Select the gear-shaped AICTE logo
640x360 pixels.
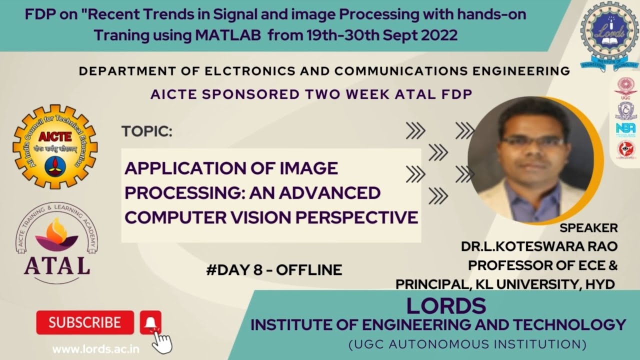[x=55, y=146]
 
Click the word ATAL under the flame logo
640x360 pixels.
[x=57, y=265]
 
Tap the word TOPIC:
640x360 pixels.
[x=146, y=132]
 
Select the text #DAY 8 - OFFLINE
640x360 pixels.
[x=274, y=270]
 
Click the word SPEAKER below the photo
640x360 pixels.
[x=588, y=228]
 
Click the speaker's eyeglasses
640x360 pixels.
[x=533, y=141]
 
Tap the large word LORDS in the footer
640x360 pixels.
[x=446, y=305]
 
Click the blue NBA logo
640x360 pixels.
[x=625, y=128]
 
